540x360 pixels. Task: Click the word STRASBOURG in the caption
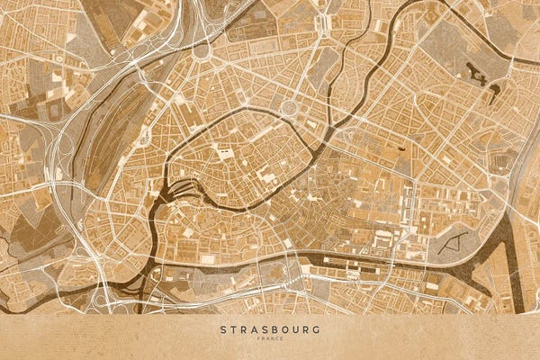pos(270,329)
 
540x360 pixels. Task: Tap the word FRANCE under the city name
pos(270,338)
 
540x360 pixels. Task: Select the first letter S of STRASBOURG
pos(223,329)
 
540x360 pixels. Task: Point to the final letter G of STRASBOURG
pos(316,329)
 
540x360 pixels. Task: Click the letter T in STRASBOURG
pos(234,329)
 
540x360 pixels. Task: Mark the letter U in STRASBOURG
pos(293,329)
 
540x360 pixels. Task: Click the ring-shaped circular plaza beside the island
pos(290,108)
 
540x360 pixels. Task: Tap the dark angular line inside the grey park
pos(457,240)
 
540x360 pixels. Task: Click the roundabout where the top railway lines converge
pos(200,49)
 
